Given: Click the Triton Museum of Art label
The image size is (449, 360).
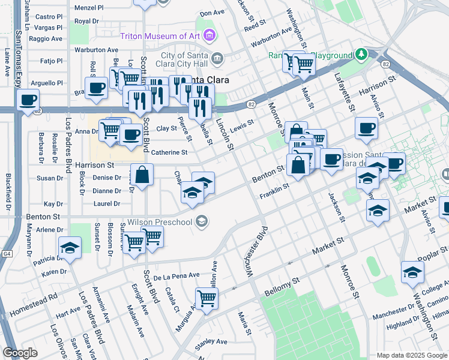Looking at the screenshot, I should point(160,36).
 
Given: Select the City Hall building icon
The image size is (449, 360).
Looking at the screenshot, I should point(217,59).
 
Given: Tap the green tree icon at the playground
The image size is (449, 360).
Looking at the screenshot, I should point(361,55).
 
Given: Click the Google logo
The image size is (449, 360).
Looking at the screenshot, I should point(20,353).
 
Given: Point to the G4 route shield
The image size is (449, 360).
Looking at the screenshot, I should point(7,254).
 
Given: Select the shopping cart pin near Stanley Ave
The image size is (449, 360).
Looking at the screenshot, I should point(206,298).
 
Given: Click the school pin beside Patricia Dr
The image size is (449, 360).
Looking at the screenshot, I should point(70,247).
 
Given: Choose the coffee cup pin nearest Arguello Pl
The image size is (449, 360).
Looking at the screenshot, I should point(95,88).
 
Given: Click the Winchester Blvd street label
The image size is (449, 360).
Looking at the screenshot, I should point(255,251).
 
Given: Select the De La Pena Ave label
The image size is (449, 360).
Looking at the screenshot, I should point(176,276).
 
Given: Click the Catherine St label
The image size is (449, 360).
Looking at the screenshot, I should point(166,152).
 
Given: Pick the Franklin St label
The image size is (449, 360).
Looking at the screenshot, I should point(274,191).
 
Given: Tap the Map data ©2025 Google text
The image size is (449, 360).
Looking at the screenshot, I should point(412,355).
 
